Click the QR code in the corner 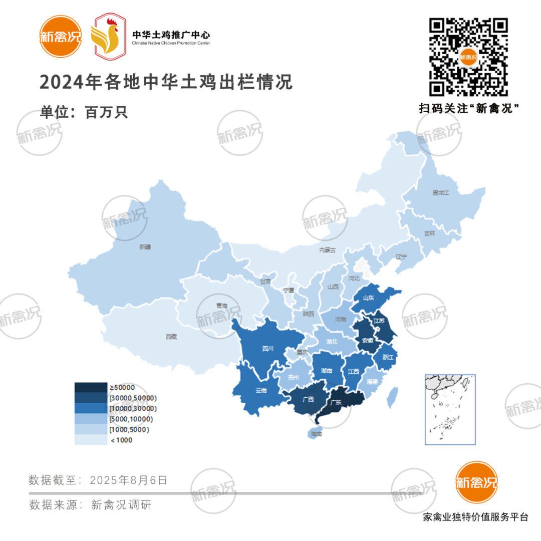tap(469, 57)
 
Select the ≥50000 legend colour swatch tap(91, 387)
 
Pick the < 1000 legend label tap(122, 440)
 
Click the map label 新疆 tap(145, 247)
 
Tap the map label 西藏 tap(171, 337)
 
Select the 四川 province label tap(267, 349)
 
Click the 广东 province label tap(336, 402)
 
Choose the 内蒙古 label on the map tap(328, 250)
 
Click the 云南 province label tap(261, 390)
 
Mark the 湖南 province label tap(326, 371)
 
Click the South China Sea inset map tap(450, 409)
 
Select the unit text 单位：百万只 tap(84, 112)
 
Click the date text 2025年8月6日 tap(129, 480)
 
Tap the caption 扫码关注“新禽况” tap(468, 109)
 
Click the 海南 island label tap(316, 434)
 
